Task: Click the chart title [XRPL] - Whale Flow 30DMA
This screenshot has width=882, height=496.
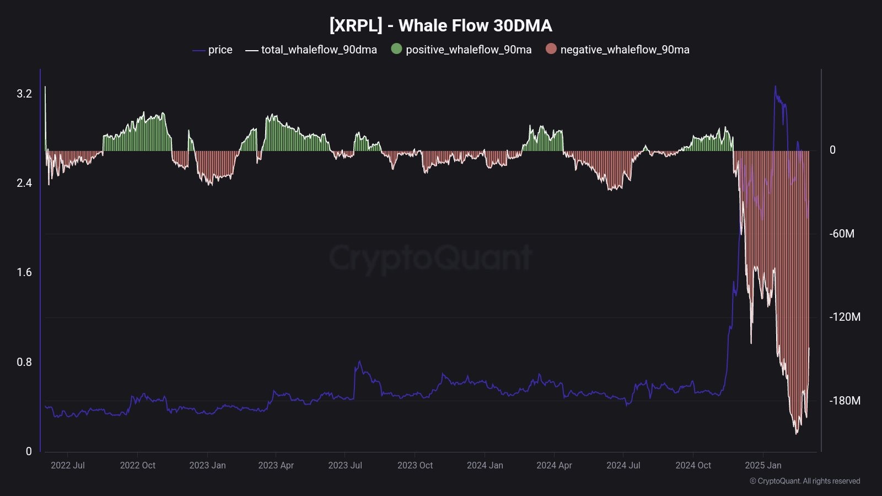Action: pos(440,25)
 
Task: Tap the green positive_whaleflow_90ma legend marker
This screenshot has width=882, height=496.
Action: pos(396,49)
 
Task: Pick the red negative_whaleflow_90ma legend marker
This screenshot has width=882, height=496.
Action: pos(551,49)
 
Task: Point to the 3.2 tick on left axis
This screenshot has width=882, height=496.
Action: pos(24,94)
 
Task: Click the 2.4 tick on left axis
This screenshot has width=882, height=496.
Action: pos(24,183)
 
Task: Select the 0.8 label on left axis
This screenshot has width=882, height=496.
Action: pos(24,362)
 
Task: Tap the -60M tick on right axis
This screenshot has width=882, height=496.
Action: pos(842,234)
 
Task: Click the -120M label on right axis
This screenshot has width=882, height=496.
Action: pos(845,317)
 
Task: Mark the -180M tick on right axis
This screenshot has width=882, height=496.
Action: pos(845,401)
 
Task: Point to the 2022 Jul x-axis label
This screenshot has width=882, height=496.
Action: pos(68,465)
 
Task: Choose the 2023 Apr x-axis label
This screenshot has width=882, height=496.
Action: pos(276,465)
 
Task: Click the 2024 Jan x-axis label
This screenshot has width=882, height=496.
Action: pos(485,465)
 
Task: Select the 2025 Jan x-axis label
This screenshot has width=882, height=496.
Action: pos(763,465)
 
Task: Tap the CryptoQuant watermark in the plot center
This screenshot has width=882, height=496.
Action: pos(430,258)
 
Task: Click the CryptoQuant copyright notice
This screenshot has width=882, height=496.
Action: pos(805,481)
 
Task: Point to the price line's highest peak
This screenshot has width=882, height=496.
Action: pos(775,87)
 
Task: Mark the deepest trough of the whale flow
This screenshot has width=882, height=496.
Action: pos(796,433)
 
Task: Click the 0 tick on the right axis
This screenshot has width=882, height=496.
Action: pos(832,150)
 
